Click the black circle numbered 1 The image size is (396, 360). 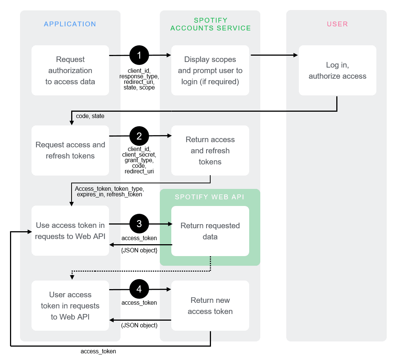tap(139, 55)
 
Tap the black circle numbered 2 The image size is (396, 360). tap(139, 136)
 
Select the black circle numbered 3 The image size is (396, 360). tap(139, 224)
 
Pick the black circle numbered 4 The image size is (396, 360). tap(139, 289)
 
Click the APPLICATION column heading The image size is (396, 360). tap(70, 24)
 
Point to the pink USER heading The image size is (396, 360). tap(337, 24)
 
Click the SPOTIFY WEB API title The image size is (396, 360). tap(209, 197)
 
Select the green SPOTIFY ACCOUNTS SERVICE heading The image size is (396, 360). tap(210, 24)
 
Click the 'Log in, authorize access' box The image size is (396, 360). tap(337, 71)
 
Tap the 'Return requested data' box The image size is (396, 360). tap(210, 231)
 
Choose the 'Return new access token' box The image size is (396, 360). tap(210, 305)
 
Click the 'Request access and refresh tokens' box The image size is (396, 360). tap(70, 150)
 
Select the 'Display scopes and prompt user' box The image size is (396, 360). tap(210, 71)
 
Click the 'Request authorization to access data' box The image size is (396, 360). tap(70, 71)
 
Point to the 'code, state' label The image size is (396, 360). tap(90, 116)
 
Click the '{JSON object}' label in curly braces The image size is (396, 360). tap(139, 251)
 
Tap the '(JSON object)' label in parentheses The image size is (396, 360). tap(139, 325)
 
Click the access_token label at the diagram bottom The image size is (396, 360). tap(98, 351)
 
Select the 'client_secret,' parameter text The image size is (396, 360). tap(139, 155)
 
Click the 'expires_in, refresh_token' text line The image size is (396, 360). tap(109, 194)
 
